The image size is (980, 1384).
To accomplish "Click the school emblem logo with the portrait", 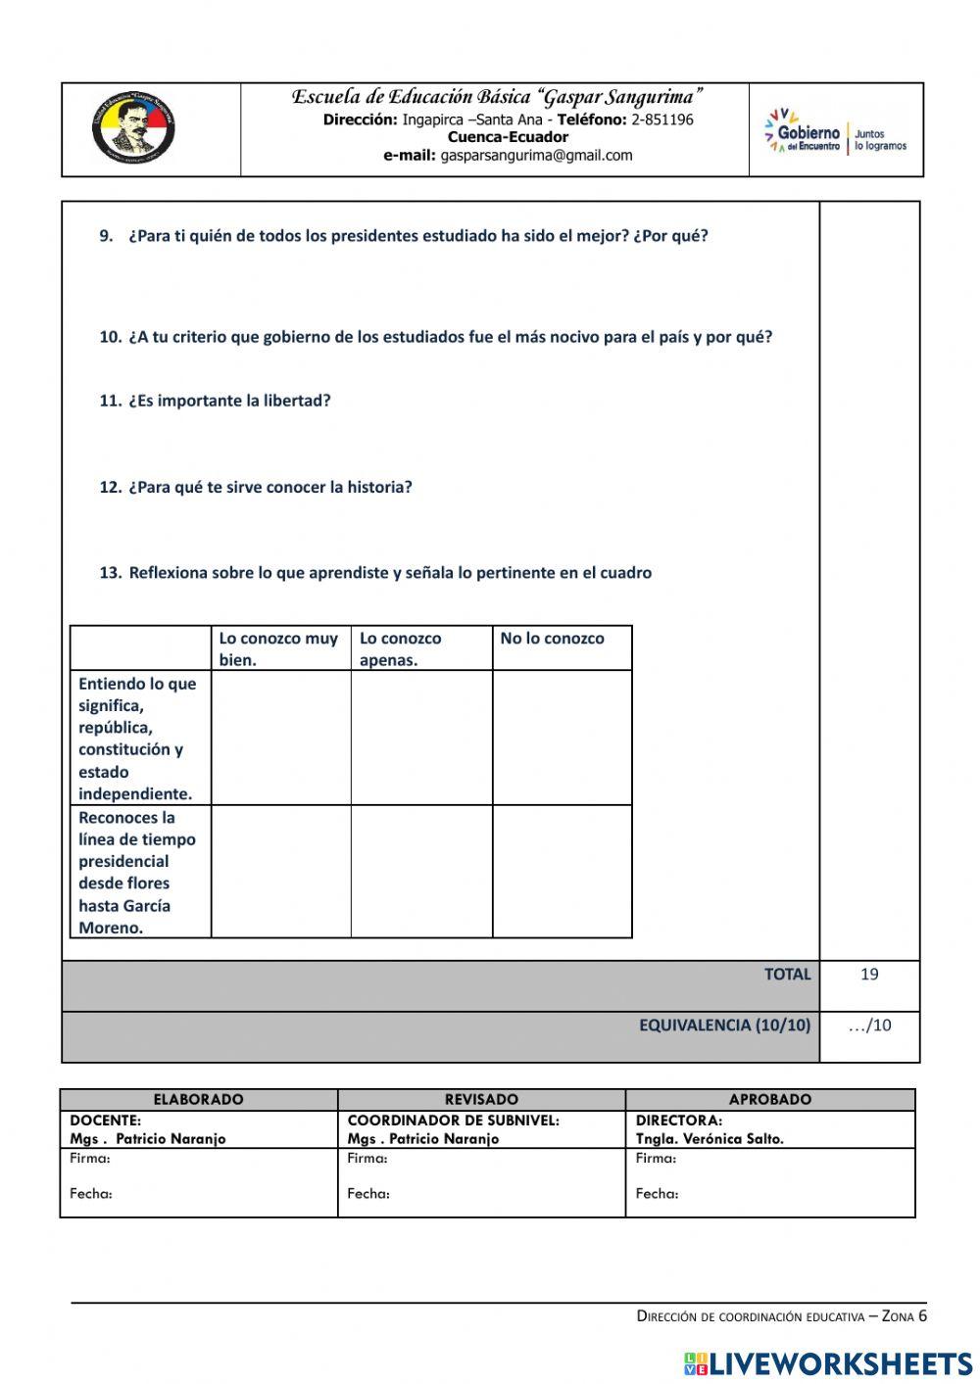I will (134, 129).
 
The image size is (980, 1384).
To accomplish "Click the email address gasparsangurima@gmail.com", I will (536, 155).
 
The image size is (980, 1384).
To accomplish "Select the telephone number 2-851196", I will (661, 119).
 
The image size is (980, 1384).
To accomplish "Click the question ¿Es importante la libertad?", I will (228, 401).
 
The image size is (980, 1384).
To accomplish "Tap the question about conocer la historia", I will (269, 487).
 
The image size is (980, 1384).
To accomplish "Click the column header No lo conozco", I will (552, 639).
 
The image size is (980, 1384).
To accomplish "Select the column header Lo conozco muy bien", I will (278, 648).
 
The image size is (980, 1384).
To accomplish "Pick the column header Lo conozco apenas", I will (400, 648).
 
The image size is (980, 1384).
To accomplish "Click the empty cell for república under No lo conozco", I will (562, 738).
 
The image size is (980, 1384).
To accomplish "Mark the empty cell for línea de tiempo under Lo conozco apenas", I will (421, 871).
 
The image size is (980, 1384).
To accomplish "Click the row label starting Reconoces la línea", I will (138, 872).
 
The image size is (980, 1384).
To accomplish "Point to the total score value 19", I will (869, 975).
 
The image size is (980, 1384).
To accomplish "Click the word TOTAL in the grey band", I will (787, 975).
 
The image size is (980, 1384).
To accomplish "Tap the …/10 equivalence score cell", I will (869, 1026).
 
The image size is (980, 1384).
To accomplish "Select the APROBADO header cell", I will (769, 1099).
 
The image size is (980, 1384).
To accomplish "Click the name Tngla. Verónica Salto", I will (710, 1138).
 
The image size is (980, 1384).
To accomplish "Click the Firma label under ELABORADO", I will (90, 1158).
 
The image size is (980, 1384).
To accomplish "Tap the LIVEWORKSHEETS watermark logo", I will (828, 1362).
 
